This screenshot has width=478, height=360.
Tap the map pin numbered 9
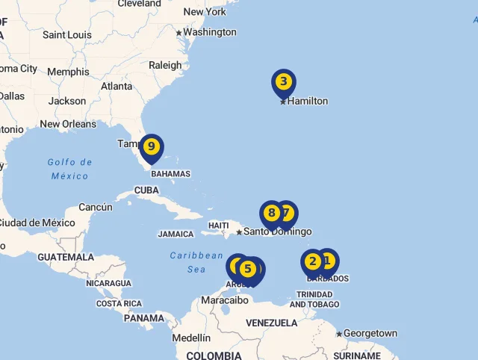[x=152, y=146]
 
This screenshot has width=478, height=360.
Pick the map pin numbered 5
[x=248, y=269]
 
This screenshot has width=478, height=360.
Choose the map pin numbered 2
[x=313, y=261]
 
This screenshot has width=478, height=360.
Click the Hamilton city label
[x=307, y=101]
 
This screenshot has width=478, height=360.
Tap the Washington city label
[x=209, y=32]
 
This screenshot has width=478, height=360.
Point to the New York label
[x=205, y=11]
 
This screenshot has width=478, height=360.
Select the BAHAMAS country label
[x=170, y=174]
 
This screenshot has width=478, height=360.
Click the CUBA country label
[x=146, y=190]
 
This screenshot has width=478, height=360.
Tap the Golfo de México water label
[x=69, y=169]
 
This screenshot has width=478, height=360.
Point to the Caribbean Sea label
[x=196, y=262]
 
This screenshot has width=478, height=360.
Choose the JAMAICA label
[x=176, y=234]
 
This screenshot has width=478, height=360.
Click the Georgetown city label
[x=370, y=333]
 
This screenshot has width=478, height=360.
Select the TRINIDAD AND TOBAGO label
[x=314, y=300]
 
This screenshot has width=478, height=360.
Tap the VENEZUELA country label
[x=272, y=323]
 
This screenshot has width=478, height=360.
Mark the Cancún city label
[x=96, y=207]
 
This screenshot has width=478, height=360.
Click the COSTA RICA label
[x=119, y=303]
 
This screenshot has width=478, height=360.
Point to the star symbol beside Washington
[x=179, y=33]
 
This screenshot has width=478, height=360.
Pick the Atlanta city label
[x=117, y=86]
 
